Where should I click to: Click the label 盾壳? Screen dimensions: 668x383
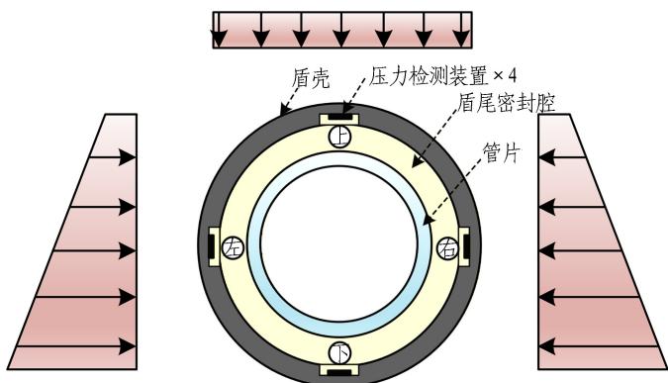click(x=311, y=78)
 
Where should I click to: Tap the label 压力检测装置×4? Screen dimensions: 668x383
click(x=443, y=76)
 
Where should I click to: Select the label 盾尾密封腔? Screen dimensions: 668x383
click(x=507, y=103)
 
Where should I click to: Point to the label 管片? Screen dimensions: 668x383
click(x=502, y=153)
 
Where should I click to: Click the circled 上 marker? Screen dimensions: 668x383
click(x=339, y=137)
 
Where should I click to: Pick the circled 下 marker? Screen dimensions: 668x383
click(x=339, y=353)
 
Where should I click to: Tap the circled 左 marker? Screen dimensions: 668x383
click(x=233, y=247)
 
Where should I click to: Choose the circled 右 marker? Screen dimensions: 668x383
click(x=448, y=247)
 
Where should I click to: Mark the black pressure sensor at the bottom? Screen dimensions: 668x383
click(x=339, y=373)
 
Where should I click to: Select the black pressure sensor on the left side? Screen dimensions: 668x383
click(x=212, y=246)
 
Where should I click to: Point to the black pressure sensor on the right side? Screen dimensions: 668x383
click(x=466, y=246)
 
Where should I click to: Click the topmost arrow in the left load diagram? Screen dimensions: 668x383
click(x=113, y=157)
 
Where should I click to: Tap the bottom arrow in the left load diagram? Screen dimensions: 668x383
click(x=76, y=346)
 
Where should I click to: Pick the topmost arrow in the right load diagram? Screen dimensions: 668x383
click(x=562, y=157)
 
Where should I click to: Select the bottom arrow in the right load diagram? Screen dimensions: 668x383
click(x=599, y=346)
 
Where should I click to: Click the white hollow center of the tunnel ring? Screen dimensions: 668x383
click(x=339, y=243)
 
